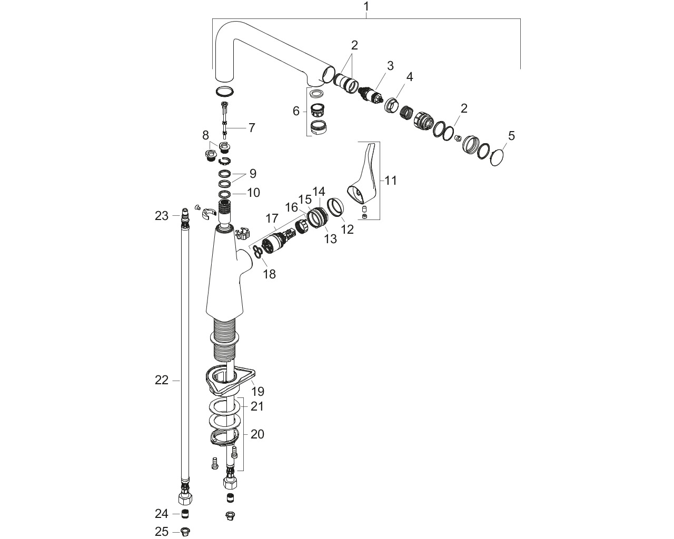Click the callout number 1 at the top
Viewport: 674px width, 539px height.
pos(366,6)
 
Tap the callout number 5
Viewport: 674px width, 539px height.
pos(511,136)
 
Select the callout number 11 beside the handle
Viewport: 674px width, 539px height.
pos(390,181)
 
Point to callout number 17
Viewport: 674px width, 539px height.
pos(272,218)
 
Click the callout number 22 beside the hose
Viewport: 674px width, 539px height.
pos(162,381)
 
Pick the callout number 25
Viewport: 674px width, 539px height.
pos(162,532)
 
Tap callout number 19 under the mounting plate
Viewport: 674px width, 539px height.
pos(258,392)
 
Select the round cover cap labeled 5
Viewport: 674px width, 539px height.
pos(498,157)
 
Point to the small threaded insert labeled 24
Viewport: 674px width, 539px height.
pos(185,514)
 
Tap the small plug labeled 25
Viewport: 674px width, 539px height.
pos(185,532)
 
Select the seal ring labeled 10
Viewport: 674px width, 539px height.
pos(224,194)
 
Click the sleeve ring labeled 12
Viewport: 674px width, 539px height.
pos(335,207)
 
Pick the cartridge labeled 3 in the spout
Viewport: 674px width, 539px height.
pos(371,94)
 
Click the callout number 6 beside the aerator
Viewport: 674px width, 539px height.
pos(296,111)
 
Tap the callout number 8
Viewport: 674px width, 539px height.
pos(205,136)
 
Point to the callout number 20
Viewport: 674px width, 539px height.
pos(257,434)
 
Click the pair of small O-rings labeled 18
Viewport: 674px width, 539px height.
pos(257,252)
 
